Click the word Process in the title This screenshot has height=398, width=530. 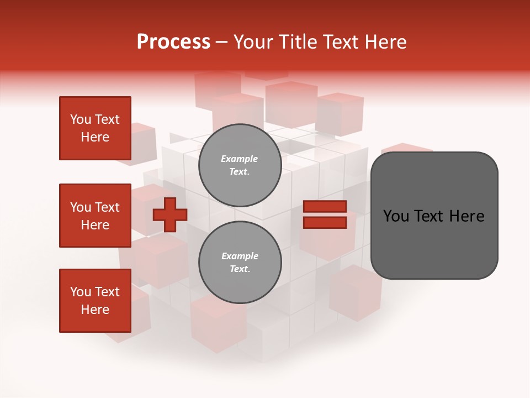click(173, 42)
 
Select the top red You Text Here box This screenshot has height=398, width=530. click(95, 128)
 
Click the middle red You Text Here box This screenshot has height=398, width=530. click(95, 216)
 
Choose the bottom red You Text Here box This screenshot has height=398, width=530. click(95, 301)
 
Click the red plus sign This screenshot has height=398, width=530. click(169, 214)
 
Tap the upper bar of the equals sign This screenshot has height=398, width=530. click(325, 206)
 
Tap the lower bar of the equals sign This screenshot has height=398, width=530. click(325, 223)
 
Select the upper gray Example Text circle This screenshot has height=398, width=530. click(240, 165)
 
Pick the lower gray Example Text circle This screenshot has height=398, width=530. click(240, 262)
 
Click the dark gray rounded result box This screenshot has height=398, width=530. click(434, 216)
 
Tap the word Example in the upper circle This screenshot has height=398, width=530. click(240, 159)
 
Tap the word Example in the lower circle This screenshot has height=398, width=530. click(240, 256)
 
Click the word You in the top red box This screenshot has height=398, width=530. click(81, 119)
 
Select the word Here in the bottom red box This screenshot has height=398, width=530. click(95, 310)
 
